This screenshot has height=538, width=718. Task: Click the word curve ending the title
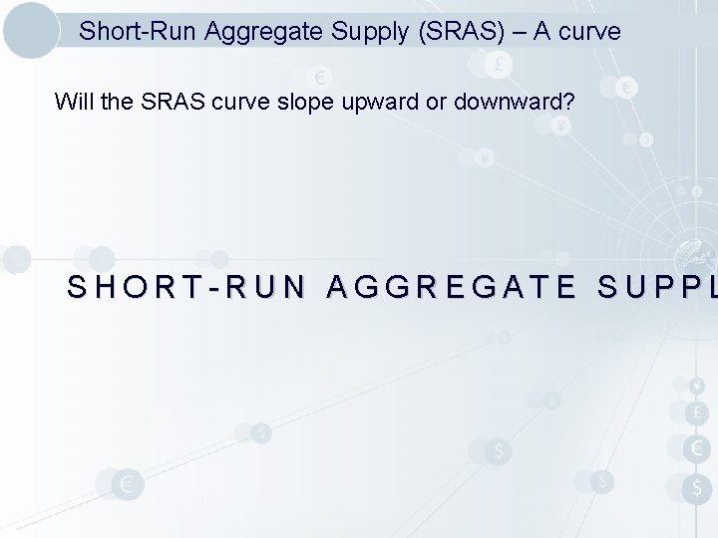pyautogui.click(x=590, y=32)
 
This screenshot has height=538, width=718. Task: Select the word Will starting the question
pyautogui.click(x=71, y=102)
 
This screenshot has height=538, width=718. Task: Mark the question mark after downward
pyautogui.click(x=536, y=102)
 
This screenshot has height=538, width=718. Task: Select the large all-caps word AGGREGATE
pyautogui.click(x=452, y=289)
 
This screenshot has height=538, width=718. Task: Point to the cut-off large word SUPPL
pyautogui.click(x=657, y=289)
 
